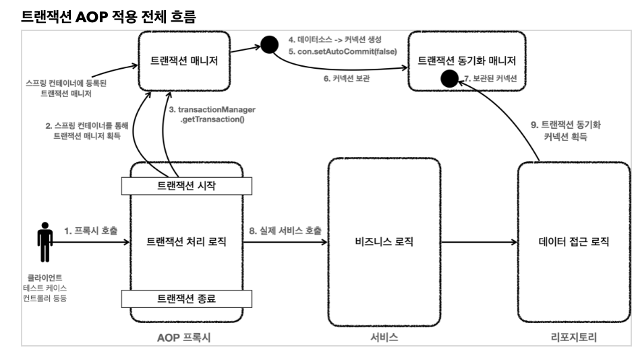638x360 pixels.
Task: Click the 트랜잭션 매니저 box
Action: [187, 61]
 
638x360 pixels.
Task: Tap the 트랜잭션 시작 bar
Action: [187, 183]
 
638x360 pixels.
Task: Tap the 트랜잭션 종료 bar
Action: [187, 297]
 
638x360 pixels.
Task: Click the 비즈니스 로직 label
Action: [384, 241]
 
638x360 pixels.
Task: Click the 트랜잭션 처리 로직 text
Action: [187, 241]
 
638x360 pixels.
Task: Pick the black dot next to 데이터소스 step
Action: [270, 46]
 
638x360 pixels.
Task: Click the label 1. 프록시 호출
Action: [90, 231]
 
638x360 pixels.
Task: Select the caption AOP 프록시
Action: [187, 337]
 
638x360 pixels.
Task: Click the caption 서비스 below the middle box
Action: [384, 337]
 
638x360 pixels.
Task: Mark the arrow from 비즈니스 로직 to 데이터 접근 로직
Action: [479, 241]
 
